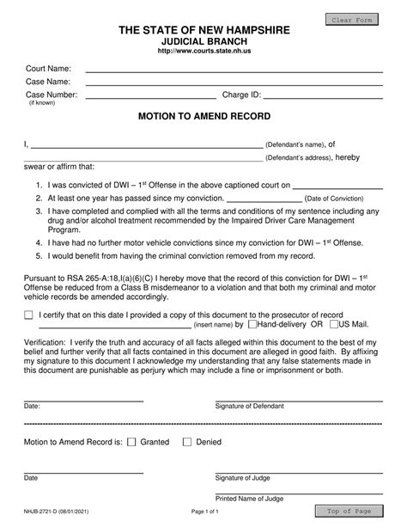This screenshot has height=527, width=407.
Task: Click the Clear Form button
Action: [355, 19]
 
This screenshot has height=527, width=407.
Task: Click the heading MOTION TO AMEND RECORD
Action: [203, 116]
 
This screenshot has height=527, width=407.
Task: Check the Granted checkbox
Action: [131, 443]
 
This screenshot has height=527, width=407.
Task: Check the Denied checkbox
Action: [187, 443]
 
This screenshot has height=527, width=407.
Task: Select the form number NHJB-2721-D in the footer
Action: [47, 511]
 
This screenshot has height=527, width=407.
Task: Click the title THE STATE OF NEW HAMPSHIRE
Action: [203, 30]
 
